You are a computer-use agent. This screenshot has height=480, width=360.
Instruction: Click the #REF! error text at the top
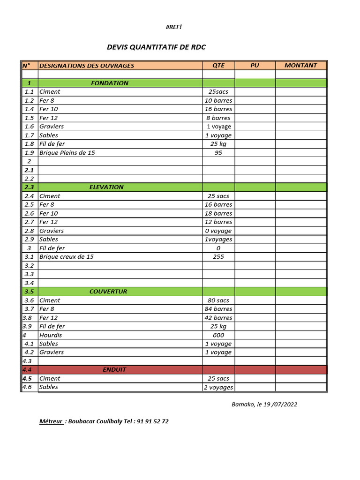[x=173, y=27]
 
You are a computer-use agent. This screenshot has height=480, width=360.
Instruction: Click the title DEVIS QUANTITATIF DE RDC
[x=156, y=47]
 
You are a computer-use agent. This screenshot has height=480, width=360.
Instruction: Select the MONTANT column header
[x=300, y=66]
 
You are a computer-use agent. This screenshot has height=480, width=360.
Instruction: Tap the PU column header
[x=255, y=66]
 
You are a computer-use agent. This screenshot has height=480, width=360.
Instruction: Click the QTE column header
[x=218, y=66]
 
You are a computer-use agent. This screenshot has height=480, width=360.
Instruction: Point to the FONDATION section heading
[x=110, y=83]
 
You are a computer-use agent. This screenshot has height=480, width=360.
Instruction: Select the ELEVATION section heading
[x=106, y=187]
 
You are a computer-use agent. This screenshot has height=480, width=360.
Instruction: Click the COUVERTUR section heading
[x=108, y=292]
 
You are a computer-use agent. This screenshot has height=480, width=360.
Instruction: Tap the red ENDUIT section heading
[x=114, y=370]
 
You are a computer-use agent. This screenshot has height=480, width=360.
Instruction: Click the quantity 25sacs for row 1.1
[x=218, y=92]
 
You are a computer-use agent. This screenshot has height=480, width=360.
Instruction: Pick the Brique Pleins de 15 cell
[x=67, y=153]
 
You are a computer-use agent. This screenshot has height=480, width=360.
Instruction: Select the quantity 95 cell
[x=218, y=153]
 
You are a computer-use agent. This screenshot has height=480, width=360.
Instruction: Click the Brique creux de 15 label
[x=67, y=257]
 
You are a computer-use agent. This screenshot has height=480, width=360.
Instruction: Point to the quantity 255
[x=218, y=257]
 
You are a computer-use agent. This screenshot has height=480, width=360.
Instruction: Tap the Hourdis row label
[x=51, y=335]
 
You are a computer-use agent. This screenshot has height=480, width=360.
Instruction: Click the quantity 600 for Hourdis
[x=218, y=335]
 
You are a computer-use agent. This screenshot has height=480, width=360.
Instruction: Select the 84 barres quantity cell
[x=218, y=309]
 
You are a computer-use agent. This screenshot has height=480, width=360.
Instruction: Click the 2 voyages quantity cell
[x=218, y=387]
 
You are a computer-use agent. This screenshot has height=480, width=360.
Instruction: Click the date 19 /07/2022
[x=280, y=405]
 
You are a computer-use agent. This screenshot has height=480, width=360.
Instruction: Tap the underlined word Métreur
[x=51, y=421]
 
